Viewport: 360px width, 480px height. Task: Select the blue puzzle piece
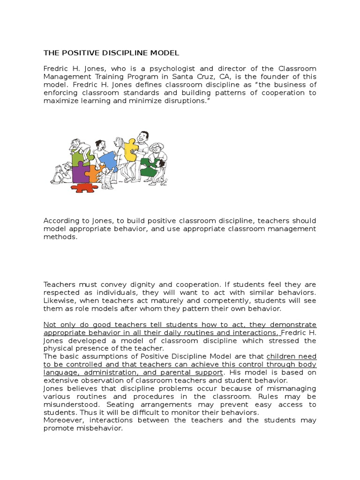pyautogui.click(x=108, y=161)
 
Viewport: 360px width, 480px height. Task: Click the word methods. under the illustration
pyautogui.click(x=60, y=237)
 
